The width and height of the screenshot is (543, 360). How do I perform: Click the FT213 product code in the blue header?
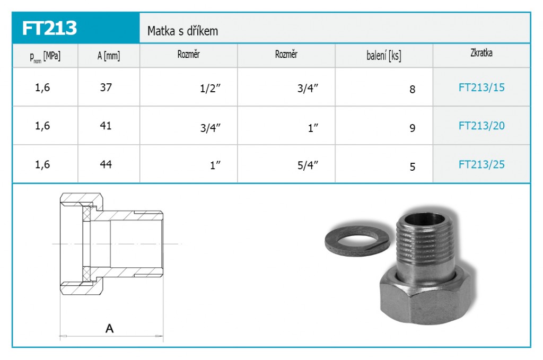point(49,28)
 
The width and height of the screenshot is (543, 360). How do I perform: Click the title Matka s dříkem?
point(182,31)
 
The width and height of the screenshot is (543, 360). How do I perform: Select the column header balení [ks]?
point(384,55)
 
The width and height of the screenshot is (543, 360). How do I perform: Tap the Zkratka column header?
point(481,53)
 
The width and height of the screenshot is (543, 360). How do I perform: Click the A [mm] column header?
point(108,55)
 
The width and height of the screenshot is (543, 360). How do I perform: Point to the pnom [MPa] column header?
point(45,56)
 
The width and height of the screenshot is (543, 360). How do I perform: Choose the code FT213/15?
point(481,87)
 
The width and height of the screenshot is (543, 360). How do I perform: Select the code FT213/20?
point(481,126)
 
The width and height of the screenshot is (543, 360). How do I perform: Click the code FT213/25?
point(481,164)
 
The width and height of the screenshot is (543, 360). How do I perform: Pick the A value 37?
point(106,87)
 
